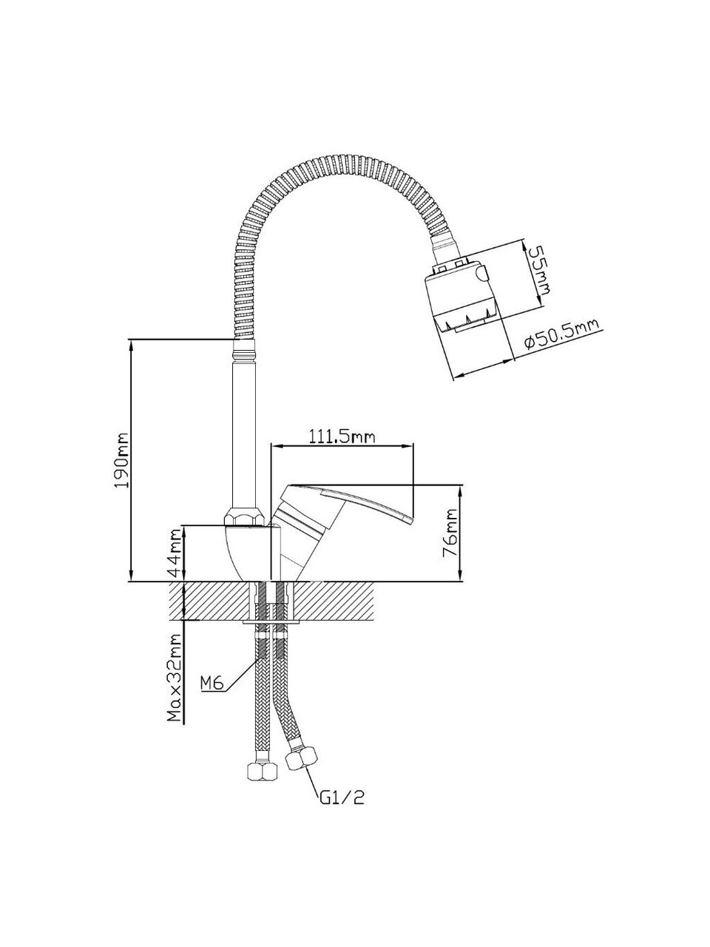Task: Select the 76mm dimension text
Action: pos(450,533)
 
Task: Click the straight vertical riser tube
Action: pos(243,429)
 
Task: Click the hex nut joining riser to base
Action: pos(242,516)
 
